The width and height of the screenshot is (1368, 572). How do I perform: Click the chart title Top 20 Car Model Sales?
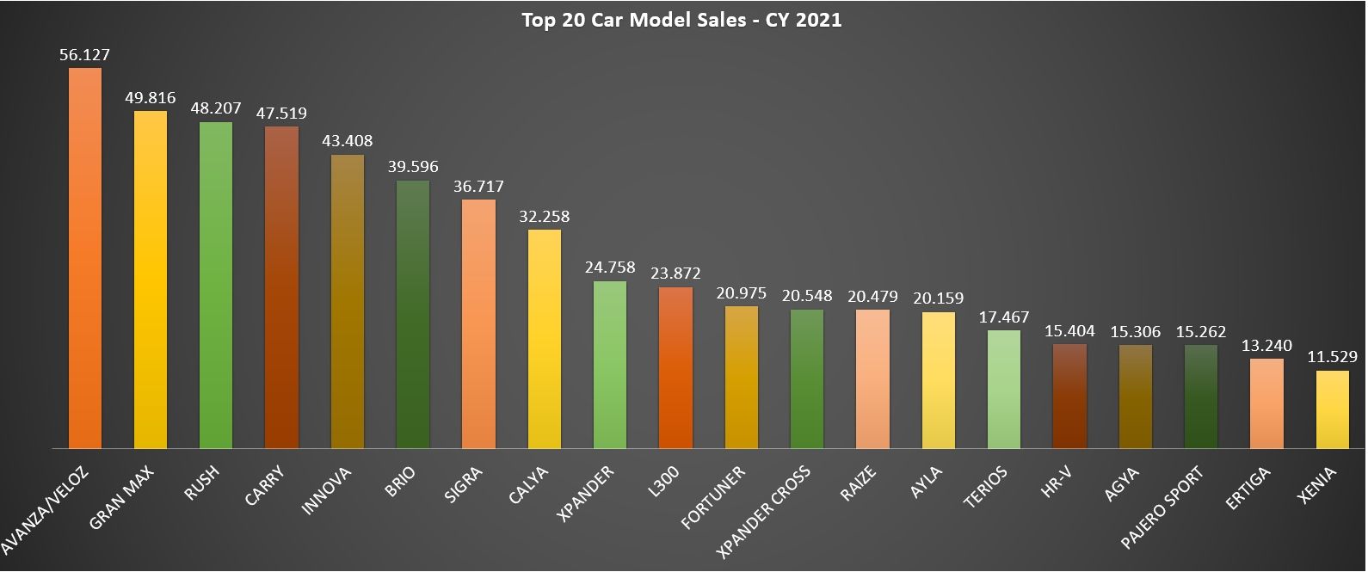681,19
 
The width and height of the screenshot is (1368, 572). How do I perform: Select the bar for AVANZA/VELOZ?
85,258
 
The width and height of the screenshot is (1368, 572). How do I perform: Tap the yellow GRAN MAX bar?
151,280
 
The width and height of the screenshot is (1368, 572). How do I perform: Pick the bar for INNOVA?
348,301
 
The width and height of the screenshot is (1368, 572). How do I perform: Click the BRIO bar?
413,314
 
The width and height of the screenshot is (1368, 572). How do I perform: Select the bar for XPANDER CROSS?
807,378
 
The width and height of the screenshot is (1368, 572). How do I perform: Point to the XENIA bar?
1333,409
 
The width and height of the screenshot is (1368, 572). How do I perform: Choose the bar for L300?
675,367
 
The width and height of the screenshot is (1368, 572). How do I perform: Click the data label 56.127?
84,54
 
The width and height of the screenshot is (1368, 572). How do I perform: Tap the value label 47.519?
281,113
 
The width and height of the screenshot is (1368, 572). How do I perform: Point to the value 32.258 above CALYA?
544,216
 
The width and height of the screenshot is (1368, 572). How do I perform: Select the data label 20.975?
741,292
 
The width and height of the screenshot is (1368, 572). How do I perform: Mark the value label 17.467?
1004,317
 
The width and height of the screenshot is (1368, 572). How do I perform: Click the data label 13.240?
1266,345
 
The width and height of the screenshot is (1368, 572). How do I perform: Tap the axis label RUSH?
204,483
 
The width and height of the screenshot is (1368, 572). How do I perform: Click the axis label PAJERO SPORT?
1163,507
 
